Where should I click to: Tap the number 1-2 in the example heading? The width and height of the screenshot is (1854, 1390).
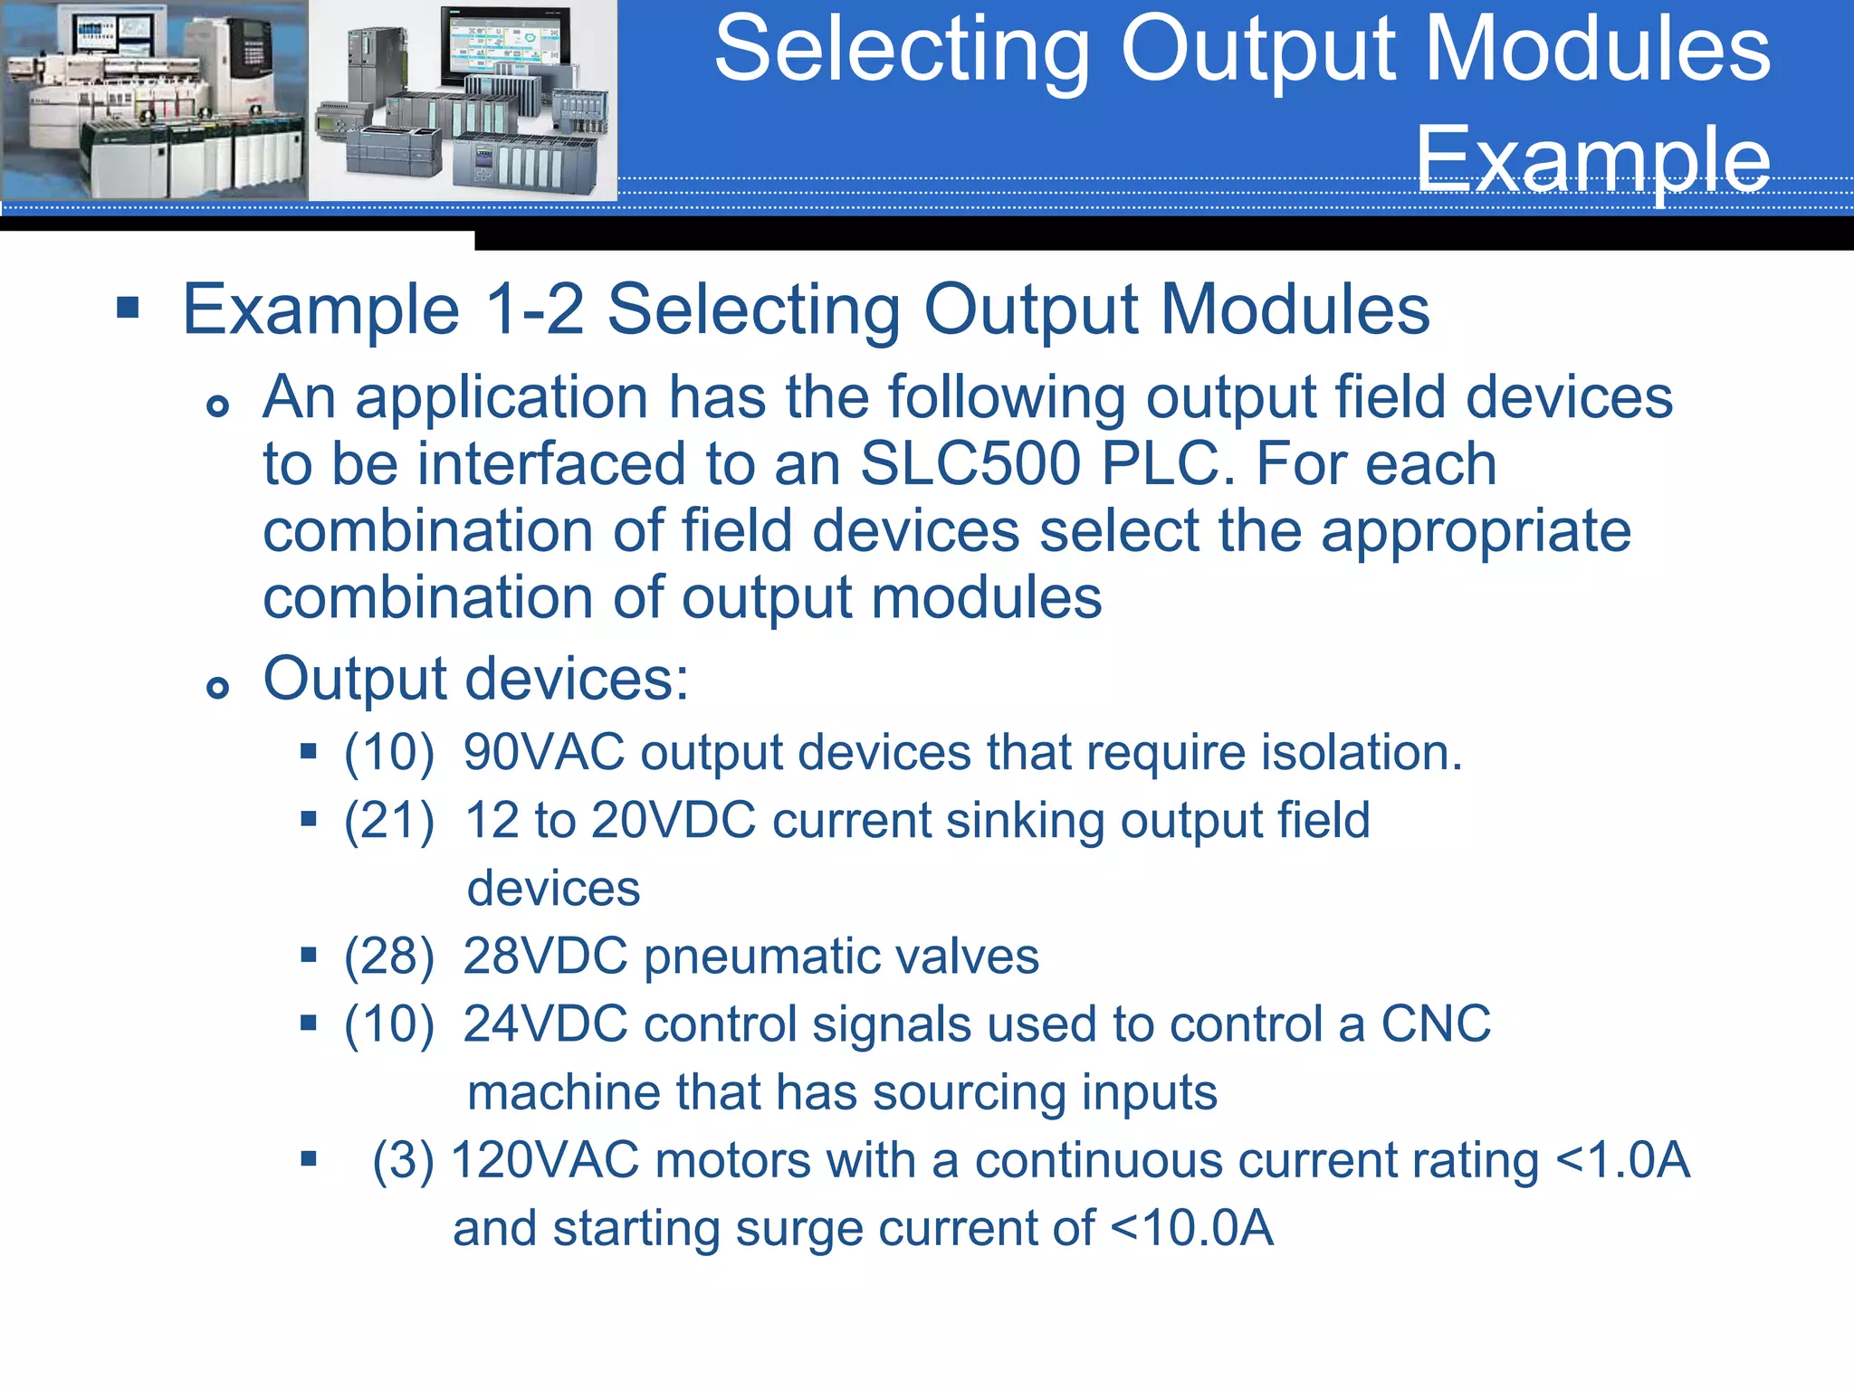pyautogui.click(x=534, y=309)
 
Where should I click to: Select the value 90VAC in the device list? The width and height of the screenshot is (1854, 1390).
pyautogui.click(x=544, y=752)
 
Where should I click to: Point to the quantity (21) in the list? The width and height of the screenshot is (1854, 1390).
pyautogui.click(x=389, y=821)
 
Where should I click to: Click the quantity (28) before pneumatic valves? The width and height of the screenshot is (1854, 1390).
pyautogui.click(x=389, y=957)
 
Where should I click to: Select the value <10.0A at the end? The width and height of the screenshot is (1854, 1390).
pyautogui.click(x=1191, y=1228)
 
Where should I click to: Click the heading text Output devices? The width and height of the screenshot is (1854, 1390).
pyautogui.click(x=476, y=679)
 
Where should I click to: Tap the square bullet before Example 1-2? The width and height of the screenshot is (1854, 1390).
pyautogui.click(x=129, y=309)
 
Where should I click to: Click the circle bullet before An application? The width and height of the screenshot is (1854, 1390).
pyautogui.click(x=217, y=405)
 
